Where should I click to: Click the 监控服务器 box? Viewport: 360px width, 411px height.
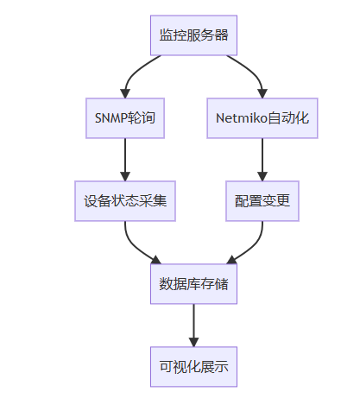tap(193, 35)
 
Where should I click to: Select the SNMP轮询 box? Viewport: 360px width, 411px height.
tap(125, 118)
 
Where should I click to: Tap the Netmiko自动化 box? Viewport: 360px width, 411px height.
tap(262, 118)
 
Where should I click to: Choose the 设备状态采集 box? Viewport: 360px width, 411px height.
tap(125, 201)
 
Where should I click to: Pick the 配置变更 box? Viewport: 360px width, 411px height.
tap(262, 201)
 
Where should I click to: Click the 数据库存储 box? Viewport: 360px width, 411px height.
tap(193, 284)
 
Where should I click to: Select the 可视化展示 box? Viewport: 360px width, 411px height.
tap(193, 367)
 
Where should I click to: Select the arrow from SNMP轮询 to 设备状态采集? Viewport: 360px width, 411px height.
tap(125, 160)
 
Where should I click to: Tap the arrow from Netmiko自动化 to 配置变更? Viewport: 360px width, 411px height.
tap(262, 160)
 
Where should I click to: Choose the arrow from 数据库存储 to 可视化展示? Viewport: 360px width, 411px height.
tap(193, 326)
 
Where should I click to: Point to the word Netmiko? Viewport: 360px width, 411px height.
tap(242, 118)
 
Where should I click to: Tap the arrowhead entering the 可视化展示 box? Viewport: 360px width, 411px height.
tap(193, 342)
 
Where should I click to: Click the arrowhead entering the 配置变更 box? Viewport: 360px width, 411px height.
tap(262, 176)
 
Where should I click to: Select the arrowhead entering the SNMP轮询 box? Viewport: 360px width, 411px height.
tap(125, 94)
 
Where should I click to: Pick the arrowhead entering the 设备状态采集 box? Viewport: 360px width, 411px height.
tap(125, 176)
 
